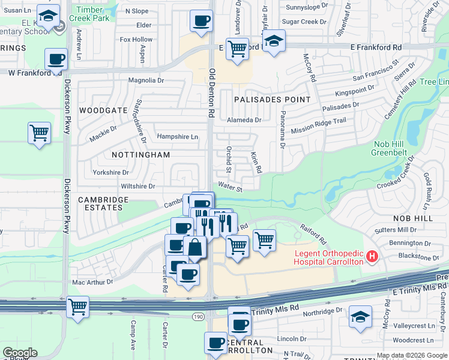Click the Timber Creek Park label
point(89,14)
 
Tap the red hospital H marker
point(372,257)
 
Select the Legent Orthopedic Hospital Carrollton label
point(329,257)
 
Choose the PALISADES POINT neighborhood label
point(273,99)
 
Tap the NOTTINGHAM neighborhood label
point(141,155)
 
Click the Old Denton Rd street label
point(211,92)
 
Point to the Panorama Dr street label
point(282,128)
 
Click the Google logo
point(19,353)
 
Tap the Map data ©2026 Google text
point(412,355)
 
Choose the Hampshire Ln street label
point(178,137)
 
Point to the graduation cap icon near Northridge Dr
point(361,316)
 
